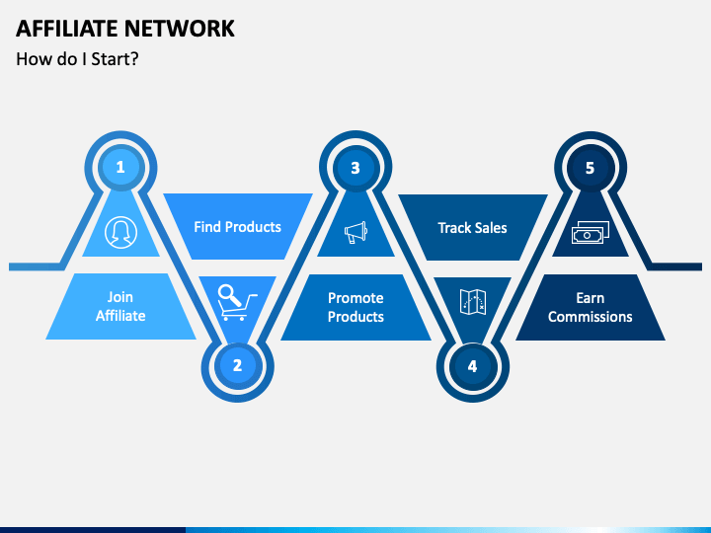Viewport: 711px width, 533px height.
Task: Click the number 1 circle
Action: coord(120,167)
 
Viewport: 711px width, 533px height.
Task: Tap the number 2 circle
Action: coord(237,365)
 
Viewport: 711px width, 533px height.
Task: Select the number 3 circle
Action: coord(355,168)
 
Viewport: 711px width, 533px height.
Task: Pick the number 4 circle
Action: coord(472,366)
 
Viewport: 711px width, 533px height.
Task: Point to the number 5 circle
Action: coord(590,168)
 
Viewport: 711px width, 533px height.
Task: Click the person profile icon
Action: coord(120,232)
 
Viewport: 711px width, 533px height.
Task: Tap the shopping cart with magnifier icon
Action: coord(237,302)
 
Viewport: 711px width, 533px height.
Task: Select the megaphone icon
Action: coord(355,233)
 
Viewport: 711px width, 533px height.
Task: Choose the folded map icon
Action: coord(473,302)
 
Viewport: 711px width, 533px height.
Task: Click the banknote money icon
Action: coord(591,233)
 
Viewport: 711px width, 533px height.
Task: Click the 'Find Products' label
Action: coord(238,227)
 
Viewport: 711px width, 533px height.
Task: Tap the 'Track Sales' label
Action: coord(472,228)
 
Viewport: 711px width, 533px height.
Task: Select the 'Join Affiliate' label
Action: coord(120,306)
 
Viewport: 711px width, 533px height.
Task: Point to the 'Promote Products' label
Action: coord(355,307)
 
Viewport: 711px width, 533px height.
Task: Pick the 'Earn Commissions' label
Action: coord(590,307)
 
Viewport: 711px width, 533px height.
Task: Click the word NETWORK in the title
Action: coord(180,29)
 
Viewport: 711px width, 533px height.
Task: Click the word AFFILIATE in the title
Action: coord(67,29)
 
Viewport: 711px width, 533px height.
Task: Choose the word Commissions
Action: coord(590,317)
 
